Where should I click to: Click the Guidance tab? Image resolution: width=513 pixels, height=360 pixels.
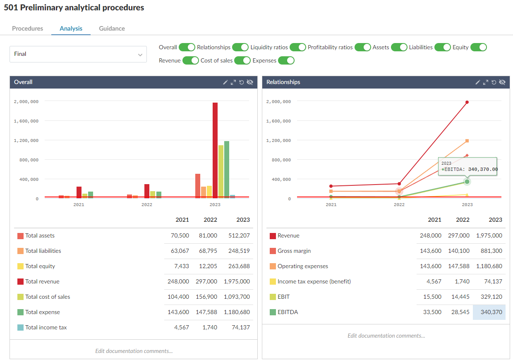(x=112, y=29)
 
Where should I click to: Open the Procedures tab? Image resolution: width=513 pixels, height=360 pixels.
(x=27, y=29)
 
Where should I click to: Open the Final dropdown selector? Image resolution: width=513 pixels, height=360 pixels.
(x=78, y=54)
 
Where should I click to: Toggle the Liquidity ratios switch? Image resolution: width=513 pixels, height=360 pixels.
(x=297, y=47)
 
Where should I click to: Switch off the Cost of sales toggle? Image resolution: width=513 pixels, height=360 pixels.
(x=242, y=60)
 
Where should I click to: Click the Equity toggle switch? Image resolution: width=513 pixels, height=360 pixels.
(x=478, y=47)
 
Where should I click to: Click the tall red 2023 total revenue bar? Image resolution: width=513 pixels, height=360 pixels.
(x=215, y=150)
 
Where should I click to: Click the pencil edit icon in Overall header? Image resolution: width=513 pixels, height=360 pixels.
(x=225, y=82)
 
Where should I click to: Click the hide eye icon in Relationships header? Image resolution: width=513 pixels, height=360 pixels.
(x=502, y=82)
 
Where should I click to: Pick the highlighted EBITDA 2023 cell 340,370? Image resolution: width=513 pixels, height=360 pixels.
(x=489, y=312)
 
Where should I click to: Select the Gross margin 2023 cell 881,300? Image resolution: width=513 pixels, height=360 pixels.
(x=489, y=251)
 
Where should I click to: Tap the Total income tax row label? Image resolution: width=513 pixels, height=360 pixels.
(x=46, y=327)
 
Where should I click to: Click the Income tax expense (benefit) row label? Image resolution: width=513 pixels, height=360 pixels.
(x=314, y=281)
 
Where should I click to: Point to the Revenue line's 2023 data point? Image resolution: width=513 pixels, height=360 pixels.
(x=467, y=102)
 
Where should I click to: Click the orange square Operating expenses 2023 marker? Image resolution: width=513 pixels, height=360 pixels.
(x=467, y=141)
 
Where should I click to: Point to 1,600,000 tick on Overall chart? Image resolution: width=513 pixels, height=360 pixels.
(x=26, y=121)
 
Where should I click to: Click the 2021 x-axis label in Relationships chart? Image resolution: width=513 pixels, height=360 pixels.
(x=331, y=204)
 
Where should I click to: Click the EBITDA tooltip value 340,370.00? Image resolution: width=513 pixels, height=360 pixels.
(x=483, y=169)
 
